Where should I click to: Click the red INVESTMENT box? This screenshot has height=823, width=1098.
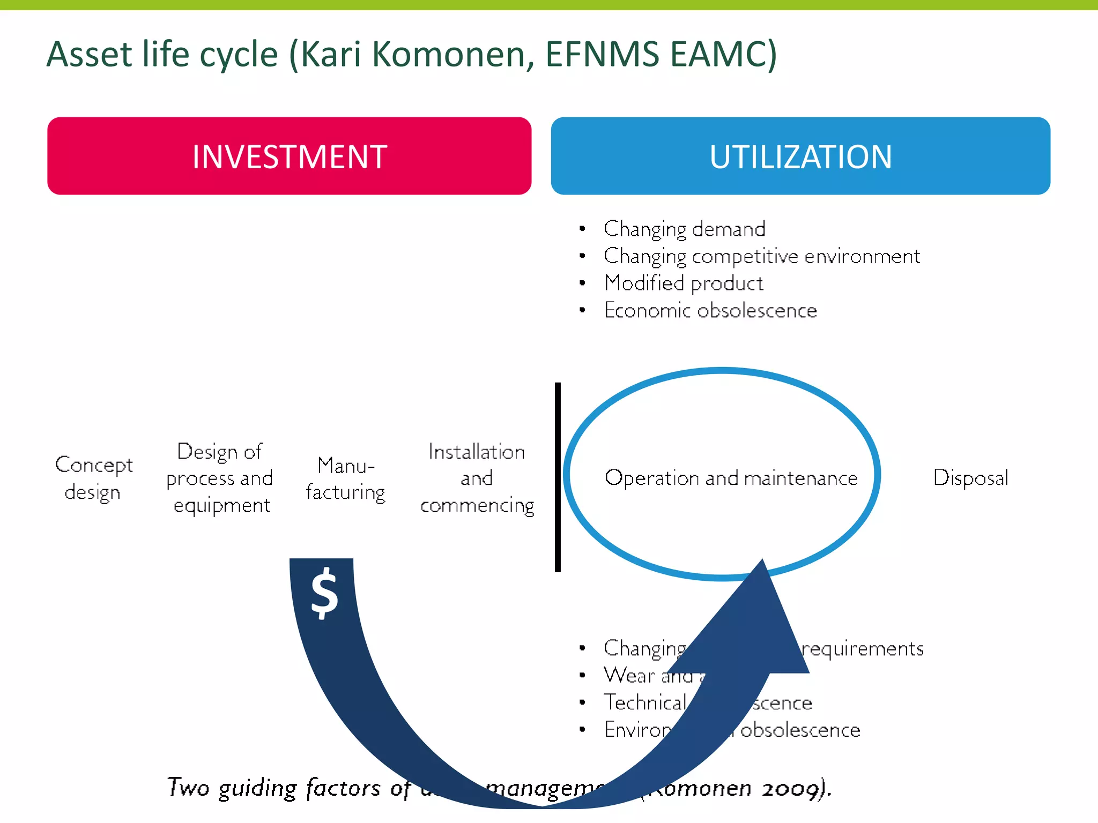290,156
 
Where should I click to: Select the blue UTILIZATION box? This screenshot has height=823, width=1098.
800,156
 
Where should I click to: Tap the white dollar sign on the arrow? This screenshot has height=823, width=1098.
324,593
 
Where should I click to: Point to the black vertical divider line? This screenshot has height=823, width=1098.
558,477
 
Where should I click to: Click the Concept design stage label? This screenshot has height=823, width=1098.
93,478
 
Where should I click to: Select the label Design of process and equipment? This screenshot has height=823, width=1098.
220,478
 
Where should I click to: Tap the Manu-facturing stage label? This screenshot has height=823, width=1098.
346,478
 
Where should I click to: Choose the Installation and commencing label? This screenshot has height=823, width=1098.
477,478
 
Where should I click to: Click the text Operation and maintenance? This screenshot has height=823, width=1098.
731,477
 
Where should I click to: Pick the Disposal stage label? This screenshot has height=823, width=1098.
970,477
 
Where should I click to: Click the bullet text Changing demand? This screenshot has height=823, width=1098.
684,229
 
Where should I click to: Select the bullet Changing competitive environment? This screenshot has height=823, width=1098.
761,256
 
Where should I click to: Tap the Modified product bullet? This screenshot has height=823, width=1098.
684,283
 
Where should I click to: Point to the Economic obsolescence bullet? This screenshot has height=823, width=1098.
710,311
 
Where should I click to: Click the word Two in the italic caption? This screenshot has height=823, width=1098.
188,788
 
